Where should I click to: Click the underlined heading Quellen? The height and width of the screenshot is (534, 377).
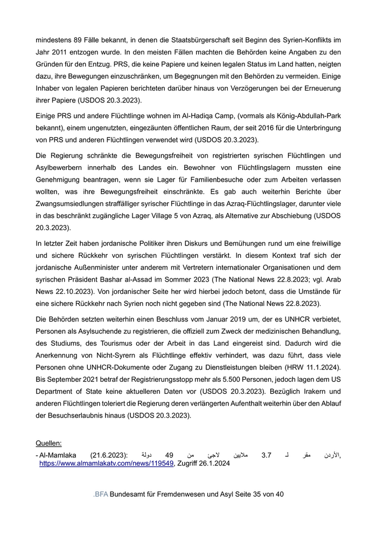point(48,443)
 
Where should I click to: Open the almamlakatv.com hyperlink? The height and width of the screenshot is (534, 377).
point(107,463)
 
